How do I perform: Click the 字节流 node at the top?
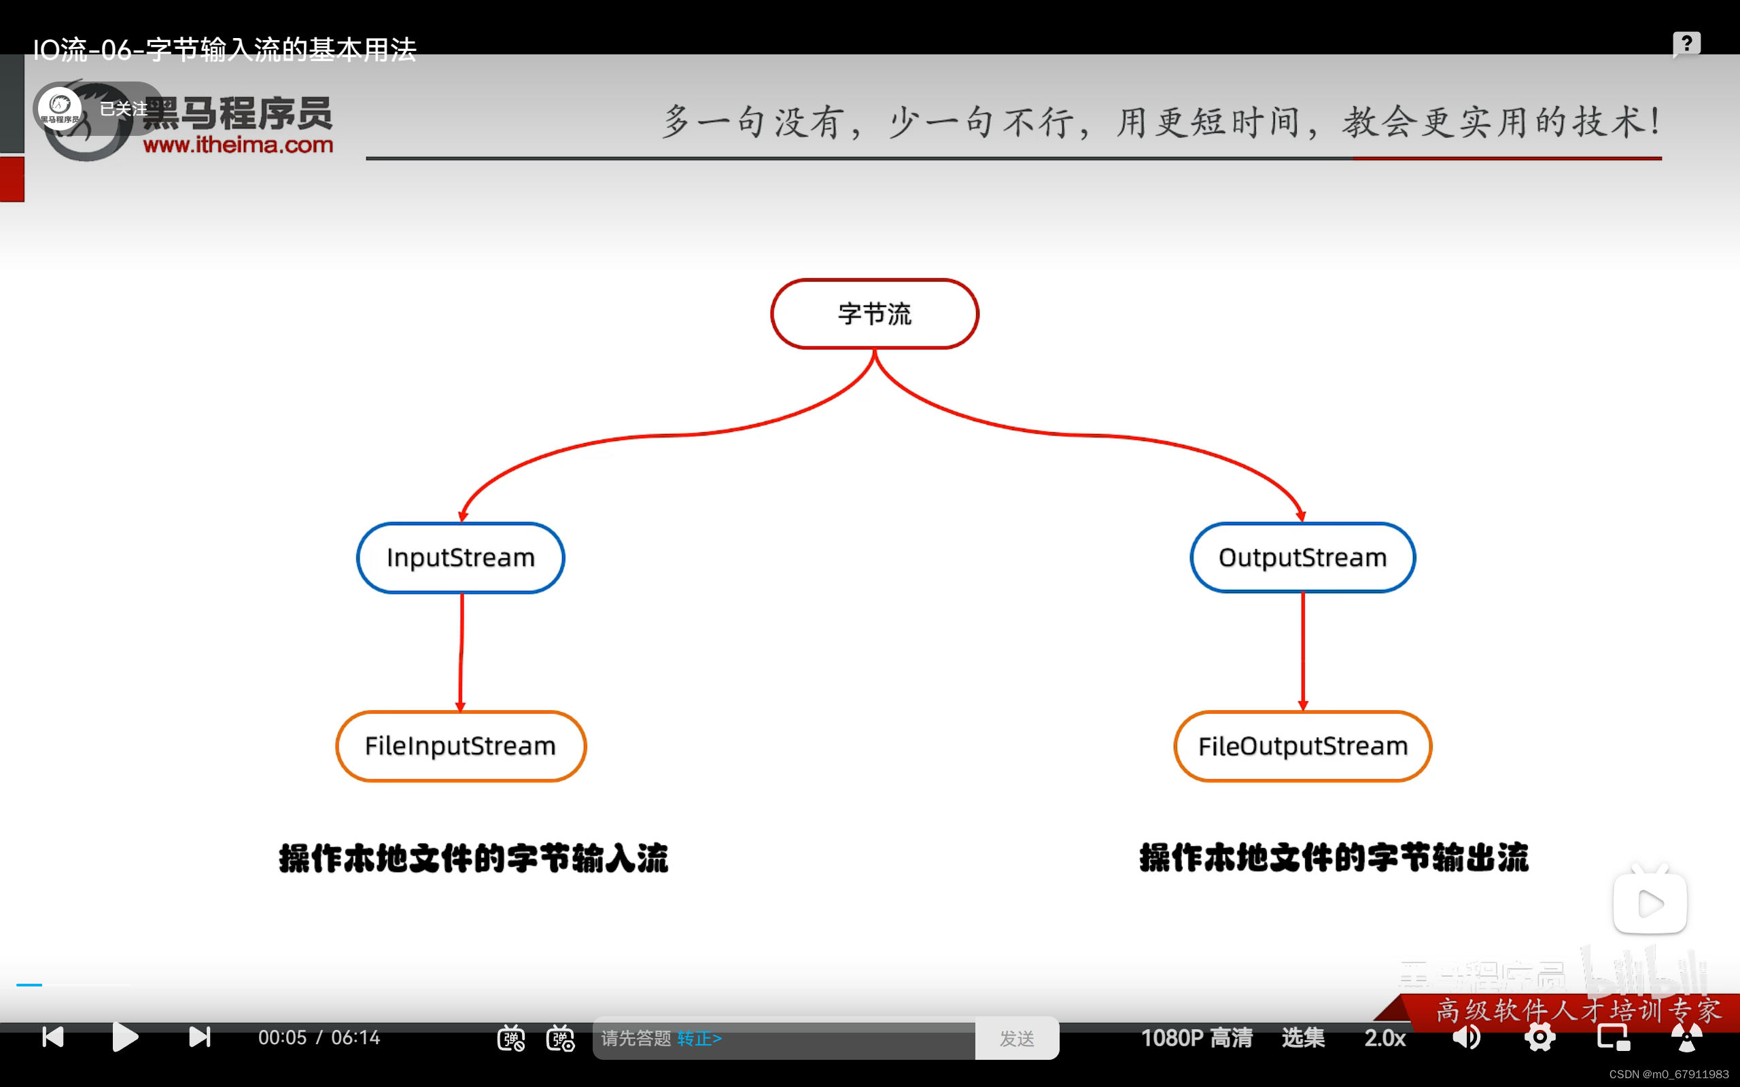point(874,314)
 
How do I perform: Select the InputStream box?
point(460,558)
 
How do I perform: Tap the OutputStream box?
point(1302,558)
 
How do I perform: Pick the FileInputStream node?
point(460,746)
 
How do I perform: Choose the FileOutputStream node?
point(1302,746)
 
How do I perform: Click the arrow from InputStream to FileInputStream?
point(461,651)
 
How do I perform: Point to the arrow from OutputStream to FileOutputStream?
point(1303,651)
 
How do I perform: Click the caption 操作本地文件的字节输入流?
point(473,858)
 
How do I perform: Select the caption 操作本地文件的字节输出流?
point(1334,858)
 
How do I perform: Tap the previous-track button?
point(53,1037)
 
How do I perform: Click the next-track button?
point(199,1037)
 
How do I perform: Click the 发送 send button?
point(1017,1038)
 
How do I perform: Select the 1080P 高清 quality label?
point(1196,1038)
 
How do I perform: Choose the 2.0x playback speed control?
point(1385,1038)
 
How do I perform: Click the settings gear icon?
point(1539,1037)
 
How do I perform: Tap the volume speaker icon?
point(1466,1037)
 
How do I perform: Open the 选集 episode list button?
point(1303,1038)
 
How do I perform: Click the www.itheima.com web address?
point(238,145)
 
